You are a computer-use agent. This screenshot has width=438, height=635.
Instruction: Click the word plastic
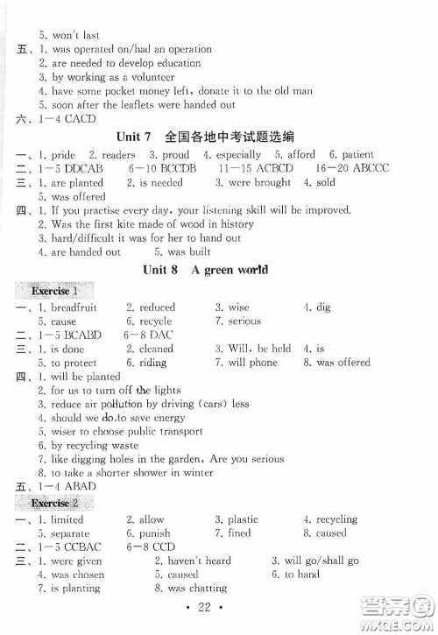(x=243, y=519)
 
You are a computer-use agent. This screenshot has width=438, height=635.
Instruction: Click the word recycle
(x=153, y=321)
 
